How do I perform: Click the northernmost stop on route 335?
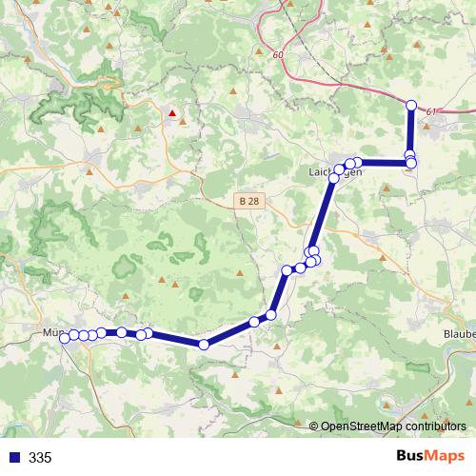[411, 106]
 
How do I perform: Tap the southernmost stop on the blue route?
[203, 344]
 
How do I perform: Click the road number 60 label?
[277, 55]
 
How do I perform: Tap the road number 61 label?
[431, 112]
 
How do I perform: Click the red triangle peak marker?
[172, 112]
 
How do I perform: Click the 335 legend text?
[40, 458]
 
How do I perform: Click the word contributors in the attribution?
[438, 426]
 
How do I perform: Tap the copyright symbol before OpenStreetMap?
[314, 426]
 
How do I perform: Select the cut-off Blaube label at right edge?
[459, 334]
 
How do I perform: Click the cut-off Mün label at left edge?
[53, 334]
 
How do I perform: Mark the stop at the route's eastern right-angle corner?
[410, 163]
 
